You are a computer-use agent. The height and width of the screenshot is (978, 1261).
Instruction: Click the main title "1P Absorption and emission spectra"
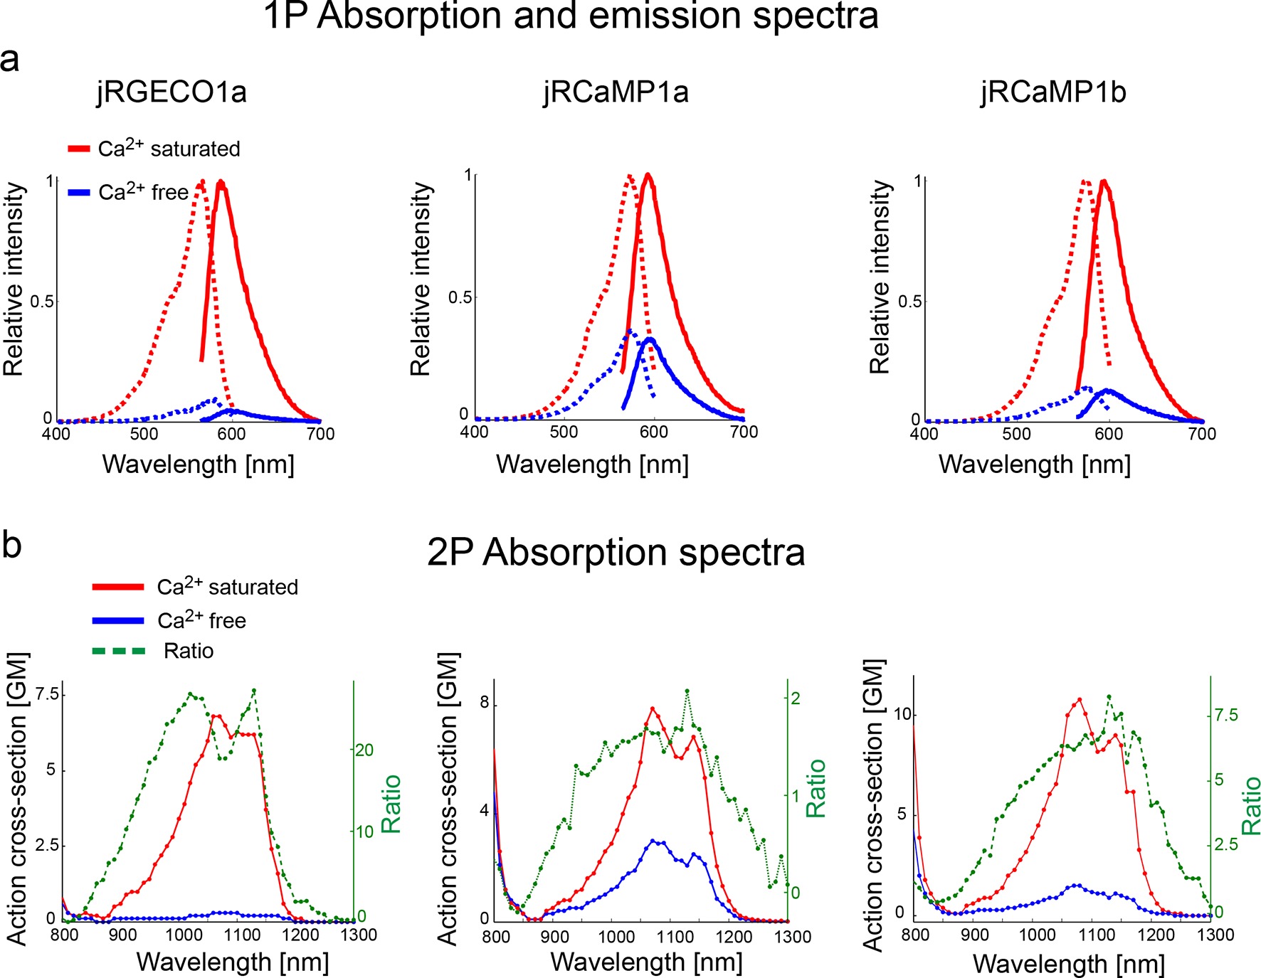tap(571, 16)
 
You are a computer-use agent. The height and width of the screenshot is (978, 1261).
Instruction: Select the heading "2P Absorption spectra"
tap(616, 553)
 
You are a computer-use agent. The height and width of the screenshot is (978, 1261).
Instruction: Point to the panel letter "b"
tap(11, 545)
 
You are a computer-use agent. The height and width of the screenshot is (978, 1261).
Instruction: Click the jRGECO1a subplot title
tap(172, 92)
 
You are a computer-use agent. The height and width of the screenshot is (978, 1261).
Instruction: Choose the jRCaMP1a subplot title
tap(616, 92)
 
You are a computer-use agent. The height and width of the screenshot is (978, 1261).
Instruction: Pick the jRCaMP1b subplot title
tap(1053, 92)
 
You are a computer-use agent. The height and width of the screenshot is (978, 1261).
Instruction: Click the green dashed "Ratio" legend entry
tap(119, 651)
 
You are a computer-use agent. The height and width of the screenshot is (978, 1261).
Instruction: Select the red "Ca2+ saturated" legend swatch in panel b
tap(118, 587)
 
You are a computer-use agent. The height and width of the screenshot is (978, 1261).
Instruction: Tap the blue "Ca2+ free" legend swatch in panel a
tap(78, 192)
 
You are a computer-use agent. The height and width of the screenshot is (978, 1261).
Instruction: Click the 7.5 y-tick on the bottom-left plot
tap(47, 694)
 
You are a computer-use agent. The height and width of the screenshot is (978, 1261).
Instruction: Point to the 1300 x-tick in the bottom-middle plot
tap(792, 937)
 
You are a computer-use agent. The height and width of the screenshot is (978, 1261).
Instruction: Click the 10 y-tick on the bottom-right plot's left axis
tap(902, 714)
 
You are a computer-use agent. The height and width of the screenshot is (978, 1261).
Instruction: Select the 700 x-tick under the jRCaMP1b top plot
tap(1202, 433)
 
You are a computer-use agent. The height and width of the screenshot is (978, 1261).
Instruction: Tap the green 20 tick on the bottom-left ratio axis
tap(364, 750)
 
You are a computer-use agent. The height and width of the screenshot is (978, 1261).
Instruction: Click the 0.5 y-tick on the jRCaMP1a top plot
tap(460, 297)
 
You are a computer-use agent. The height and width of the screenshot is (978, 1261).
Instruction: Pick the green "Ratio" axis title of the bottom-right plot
tap(1250, 805)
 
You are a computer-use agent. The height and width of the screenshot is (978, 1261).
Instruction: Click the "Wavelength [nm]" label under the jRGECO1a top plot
tap(199, 464)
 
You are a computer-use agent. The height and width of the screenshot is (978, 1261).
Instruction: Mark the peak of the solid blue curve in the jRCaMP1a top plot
tap(649, 339)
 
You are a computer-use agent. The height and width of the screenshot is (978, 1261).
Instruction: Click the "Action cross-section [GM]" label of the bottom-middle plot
tap(448, 800)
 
